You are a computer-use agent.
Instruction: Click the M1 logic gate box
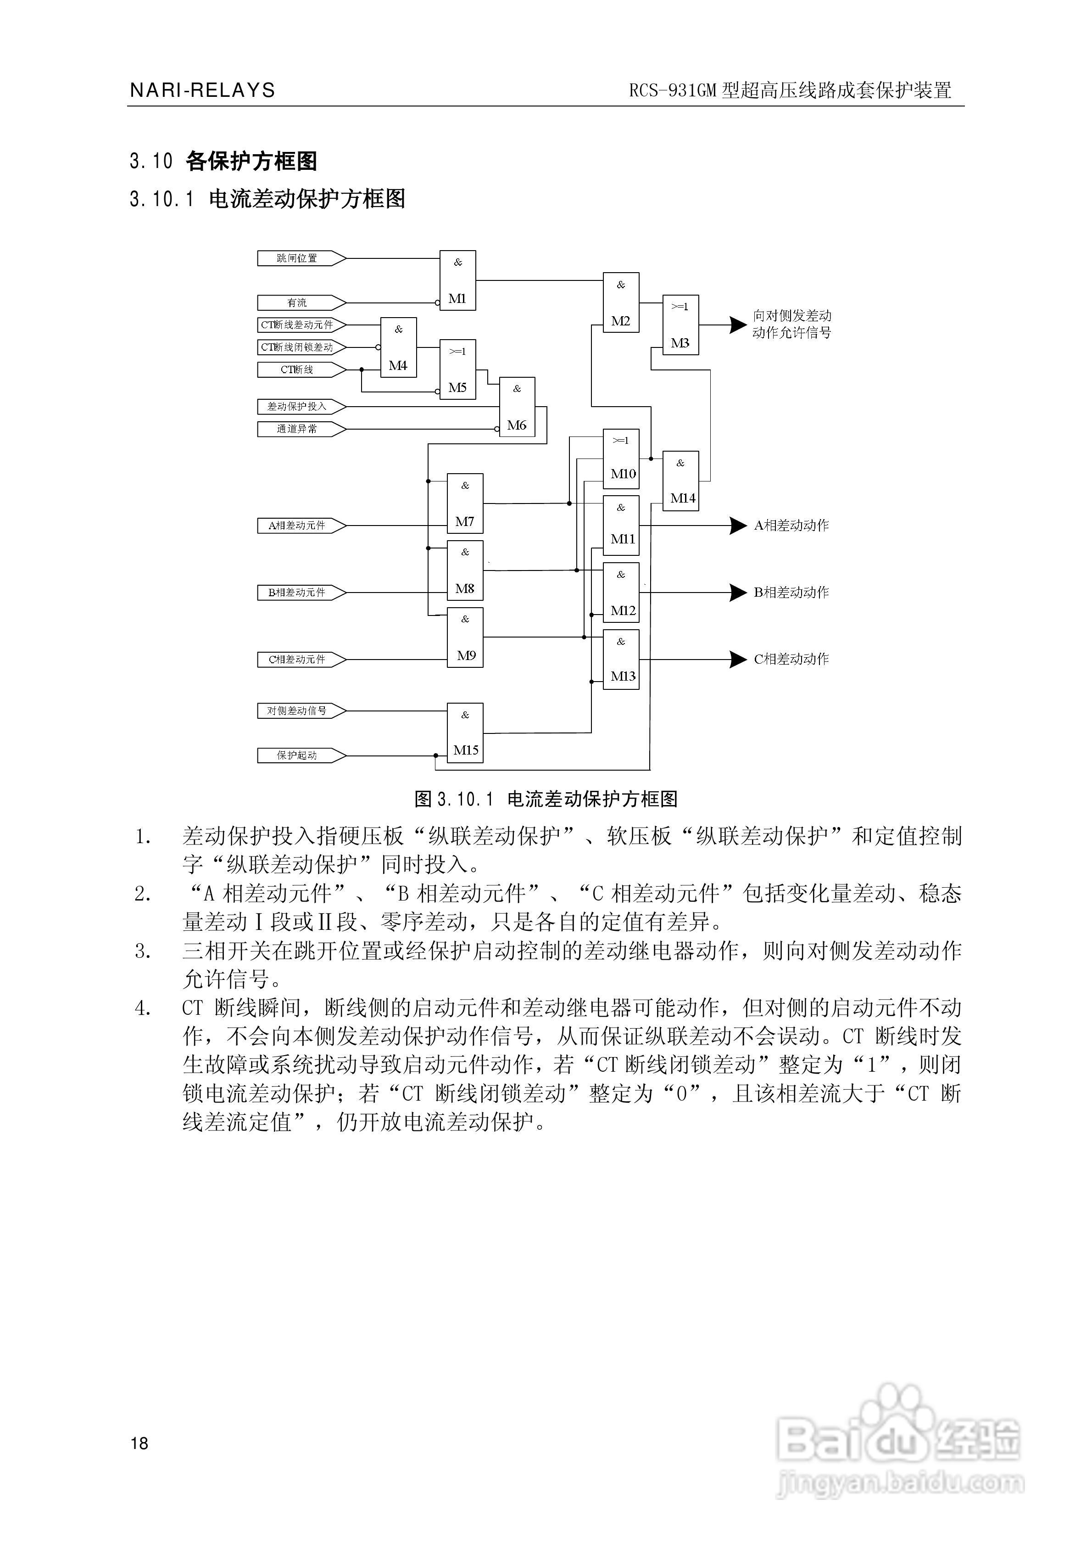pyautogui.click(x=457, y=280)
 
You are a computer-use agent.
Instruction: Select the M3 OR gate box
pyautogui.click(x=680, y=325)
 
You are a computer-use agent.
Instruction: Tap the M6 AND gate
pyautogui.click(x=517, y=407)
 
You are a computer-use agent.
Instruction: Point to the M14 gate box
pyautogui.click(x=680, y=481)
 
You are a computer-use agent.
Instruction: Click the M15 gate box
pyautogui.click(x=465, y=733)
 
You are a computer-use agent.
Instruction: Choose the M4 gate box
pyautogui.click(x=398, y=347)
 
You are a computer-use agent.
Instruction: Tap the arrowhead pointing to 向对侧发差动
pyautogui.click(x=738, y=325)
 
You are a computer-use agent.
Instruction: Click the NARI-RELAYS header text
pyautogui.click(x=202, y=90)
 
